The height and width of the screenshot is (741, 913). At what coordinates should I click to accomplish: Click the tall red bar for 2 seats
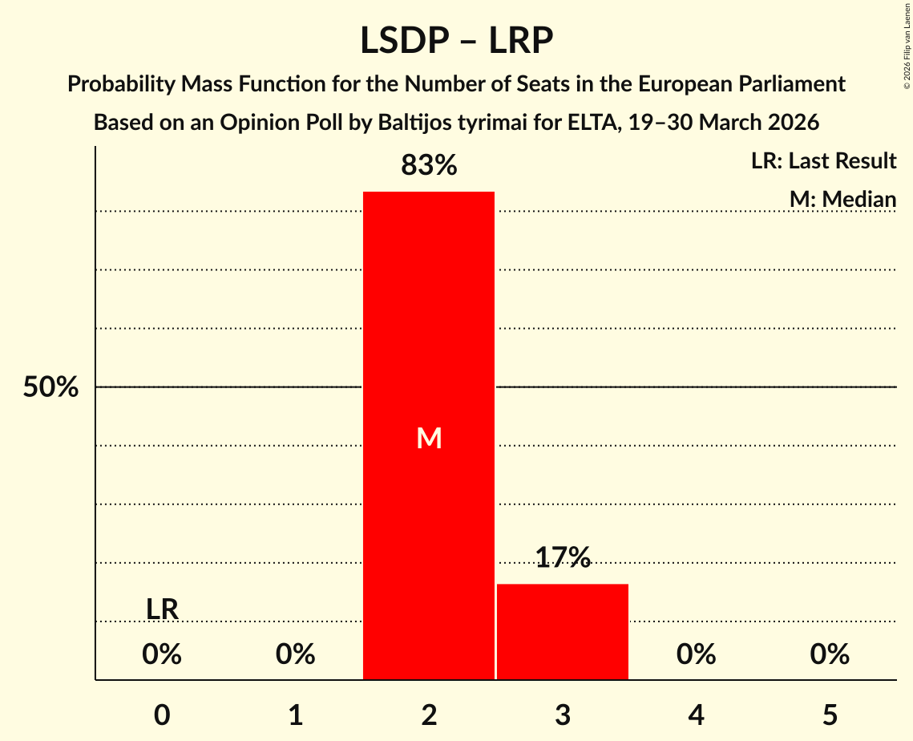coord(429,435)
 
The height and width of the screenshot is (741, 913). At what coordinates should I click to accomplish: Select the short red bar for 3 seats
coord(563,631)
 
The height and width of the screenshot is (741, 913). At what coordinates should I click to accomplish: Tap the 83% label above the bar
coord(429,165)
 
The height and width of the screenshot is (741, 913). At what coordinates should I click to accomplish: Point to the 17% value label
coord(563,557)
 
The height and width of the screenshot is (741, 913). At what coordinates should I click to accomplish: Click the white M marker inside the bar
coord(429,438)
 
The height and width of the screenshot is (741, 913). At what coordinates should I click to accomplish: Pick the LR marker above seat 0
coord(162,609)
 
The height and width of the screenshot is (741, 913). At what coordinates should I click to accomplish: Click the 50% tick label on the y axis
coord(50,387)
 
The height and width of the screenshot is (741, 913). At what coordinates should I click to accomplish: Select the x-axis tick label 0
coord(162,715)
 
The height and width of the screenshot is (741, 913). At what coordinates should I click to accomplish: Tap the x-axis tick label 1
coord(296,715)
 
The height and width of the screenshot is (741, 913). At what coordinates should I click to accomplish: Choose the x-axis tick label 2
coord(429,715)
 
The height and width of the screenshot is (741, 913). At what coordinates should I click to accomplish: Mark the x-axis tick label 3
coord(563,715)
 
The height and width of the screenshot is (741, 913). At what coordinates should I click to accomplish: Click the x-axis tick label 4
coord(697,715)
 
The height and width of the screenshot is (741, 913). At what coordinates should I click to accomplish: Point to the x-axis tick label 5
coord(830,715)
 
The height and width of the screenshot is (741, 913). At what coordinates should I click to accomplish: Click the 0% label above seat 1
coord(296,654)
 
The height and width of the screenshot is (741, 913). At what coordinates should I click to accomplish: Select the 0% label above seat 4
coord(697,654)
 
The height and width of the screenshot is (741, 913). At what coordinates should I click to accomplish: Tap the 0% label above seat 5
coord(830,654)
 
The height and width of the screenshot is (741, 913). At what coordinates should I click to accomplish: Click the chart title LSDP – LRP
coord(457,41)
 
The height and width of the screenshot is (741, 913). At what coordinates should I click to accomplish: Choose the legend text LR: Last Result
coord(823,160)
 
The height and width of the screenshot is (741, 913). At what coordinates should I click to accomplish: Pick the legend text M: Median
coord(842,199)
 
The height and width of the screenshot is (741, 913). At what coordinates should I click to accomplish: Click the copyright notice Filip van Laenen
coord(907,46)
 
